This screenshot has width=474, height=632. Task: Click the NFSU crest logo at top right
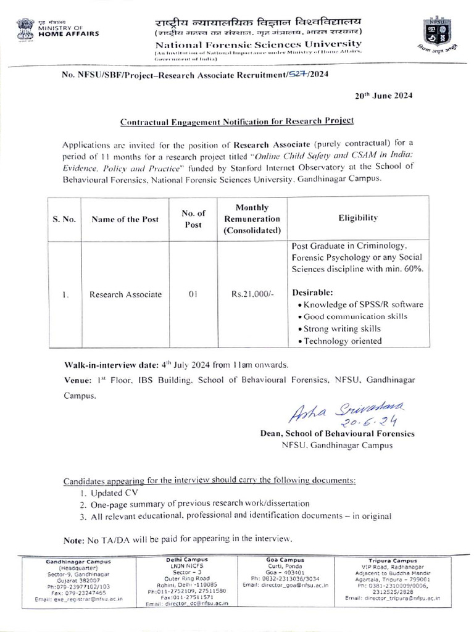coord(436,36)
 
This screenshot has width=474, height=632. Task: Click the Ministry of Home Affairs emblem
coord(27,29)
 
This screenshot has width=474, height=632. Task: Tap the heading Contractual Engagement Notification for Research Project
coord(236,123)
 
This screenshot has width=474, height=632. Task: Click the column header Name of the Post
coord(125,218)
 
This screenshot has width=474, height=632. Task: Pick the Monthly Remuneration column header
coord(252,218)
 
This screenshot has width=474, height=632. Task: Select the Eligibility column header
coord(358,218)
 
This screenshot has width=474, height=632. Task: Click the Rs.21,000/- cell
coord(252,294)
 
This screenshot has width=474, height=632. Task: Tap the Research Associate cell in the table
coord(125,294)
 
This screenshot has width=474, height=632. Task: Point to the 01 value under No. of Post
coord(193,294)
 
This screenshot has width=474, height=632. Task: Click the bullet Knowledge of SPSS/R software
coord(359,304)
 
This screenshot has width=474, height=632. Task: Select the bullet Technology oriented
coord(339,341)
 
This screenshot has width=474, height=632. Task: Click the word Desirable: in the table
coord(312,292)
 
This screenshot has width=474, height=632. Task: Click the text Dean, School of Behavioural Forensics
coord(337,434)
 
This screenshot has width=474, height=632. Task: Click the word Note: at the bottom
coord(74,540)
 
